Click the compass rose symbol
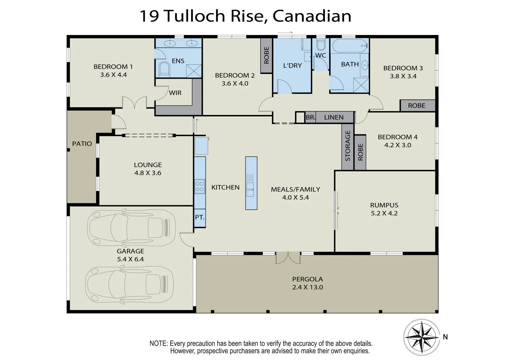(x=422, y=337)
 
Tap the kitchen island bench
(x=251, y=183)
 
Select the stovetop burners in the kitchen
(x=199, y=186)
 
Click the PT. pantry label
(x=199, y=217)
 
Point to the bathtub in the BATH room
(x=349, y=46)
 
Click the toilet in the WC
(x=321, y=45)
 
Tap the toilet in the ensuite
(x=164, y=69)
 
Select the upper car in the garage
(x=131, y=228)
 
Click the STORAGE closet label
(x=348, y=146)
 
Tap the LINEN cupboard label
(x=334, y=117)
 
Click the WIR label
(x=175, y=93)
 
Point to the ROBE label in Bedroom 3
(x=417, y=106)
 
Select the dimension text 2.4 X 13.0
(x=308, y=287)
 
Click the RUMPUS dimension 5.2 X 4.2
(x=384, y=213)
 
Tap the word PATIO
(x=82, y=144)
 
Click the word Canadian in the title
(x=312, y=16)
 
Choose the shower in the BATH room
(x=361, y=85)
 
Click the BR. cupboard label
(x=310, y=117)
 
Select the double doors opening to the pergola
(x=288, y=257)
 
